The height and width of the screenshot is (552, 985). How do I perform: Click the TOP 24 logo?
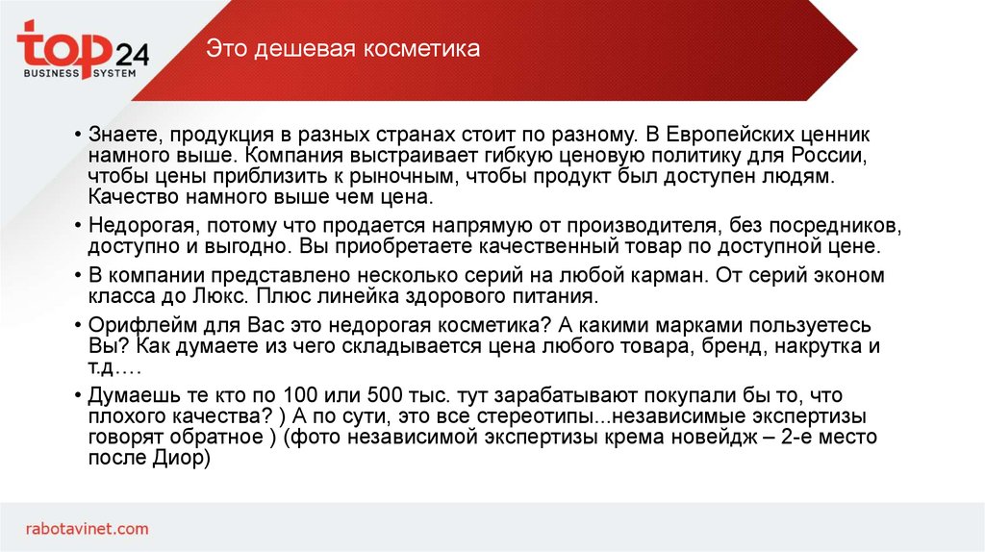point(82,52)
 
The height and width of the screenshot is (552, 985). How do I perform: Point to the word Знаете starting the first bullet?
point(121,135)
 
